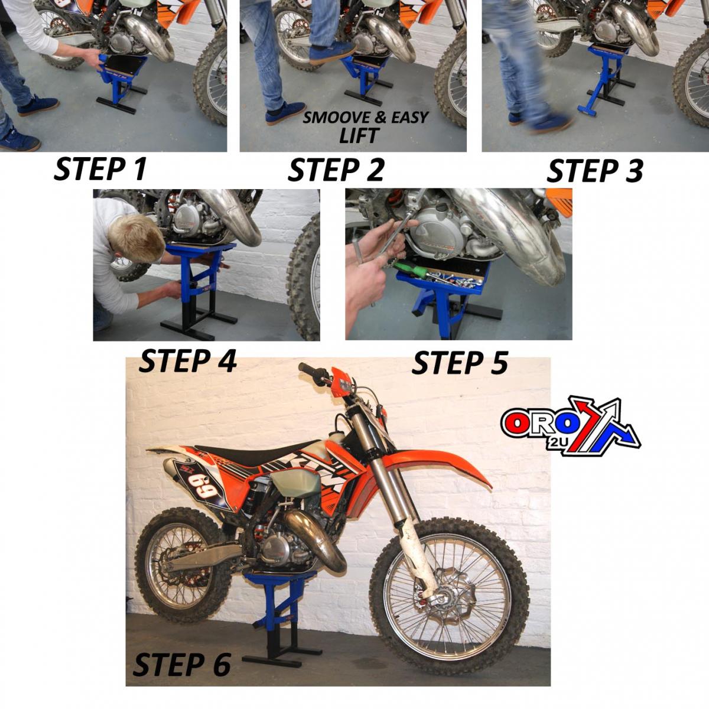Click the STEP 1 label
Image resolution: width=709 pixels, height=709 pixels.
(x=100, y=170)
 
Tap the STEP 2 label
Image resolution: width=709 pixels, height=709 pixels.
(x=336, y=170)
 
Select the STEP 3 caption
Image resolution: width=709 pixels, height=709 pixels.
(x=595, y=171)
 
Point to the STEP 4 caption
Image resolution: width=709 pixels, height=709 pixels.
(x=188, y=361)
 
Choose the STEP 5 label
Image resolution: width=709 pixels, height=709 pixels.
(x=460, y=363)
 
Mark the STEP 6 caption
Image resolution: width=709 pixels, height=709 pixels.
(x=182, y=665)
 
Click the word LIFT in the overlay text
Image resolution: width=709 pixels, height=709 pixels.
(x=359, y=135)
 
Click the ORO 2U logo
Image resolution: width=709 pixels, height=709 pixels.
(x=570, y=427)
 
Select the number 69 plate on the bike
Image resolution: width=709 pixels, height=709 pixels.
(x=201, y=483)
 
